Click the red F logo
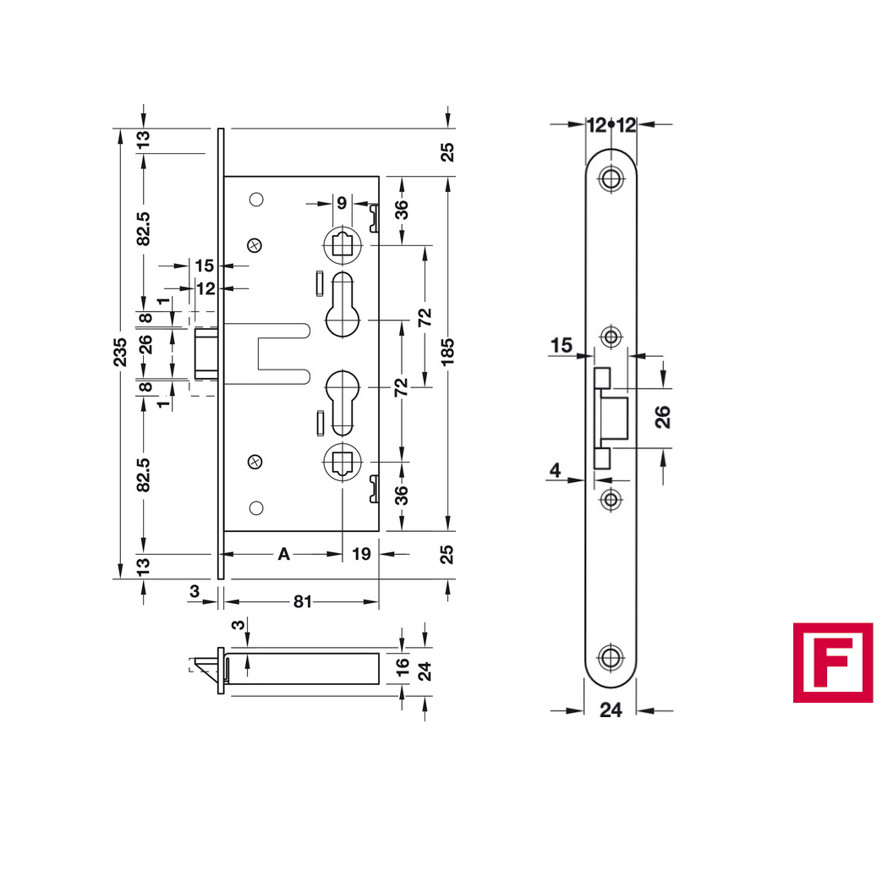[x=832, y=662]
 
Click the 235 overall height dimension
[x=120, y=353]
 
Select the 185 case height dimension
[x=447, y=352]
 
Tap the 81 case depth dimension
[x=303, y=601]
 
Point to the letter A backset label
[x=283, y=554]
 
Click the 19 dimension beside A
[x=361, y=554]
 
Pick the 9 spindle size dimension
[x=342, y=203]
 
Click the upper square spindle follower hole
[x=342, y=245]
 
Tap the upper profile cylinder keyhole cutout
[x=342, y=305]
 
